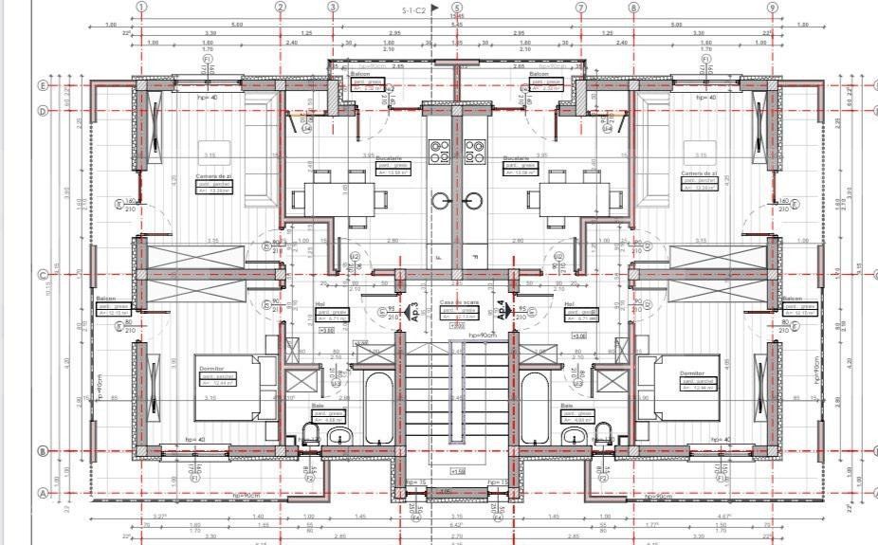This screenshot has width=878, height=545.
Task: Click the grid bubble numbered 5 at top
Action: tap(457, 7)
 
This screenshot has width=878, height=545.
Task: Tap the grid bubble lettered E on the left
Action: tap(42, 84)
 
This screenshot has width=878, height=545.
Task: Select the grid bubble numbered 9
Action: tap(773, 7)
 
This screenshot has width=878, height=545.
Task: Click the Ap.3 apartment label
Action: tap(413, 312)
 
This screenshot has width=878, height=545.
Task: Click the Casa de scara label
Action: tap(457, 303)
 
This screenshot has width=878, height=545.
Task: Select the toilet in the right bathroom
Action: tap(599, 433)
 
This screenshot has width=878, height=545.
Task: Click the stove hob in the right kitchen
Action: tap(475, 150)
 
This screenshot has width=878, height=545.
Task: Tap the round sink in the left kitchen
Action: tap(442, 200)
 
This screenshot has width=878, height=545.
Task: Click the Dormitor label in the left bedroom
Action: tap(210, 369)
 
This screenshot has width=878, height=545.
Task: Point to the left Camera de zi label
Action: tap(214, 175)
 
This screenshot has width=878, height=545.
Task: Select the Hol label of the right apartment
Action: tap(571, 305)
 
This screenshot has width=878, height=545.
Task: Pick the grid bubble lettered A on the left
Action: tap(42, 493)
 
